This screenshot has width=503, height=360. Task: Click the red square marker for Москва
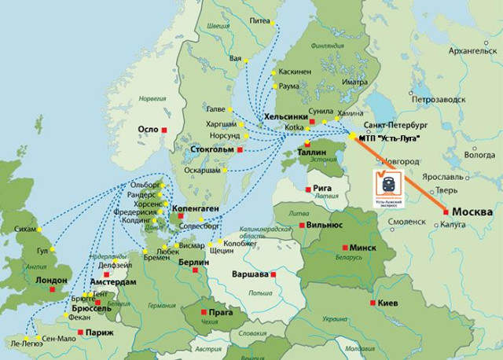(x=446, y=211)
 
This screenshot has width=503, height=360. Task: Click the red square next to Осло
(x=165, y=129)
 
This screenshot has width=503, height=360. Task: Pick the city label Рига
(x=325, y=189)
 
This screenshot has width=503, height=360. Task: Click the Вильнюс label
(x=325, y=226)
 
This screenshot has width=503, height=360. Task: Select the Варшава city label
(x=250, y=275)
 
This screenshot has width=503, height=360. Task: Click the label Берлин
(x=193, y=262)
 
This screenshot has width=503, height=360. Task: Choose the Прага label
(x=222, y=312)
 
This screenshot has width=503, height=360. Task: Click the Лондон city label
(x=31, y=280)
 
